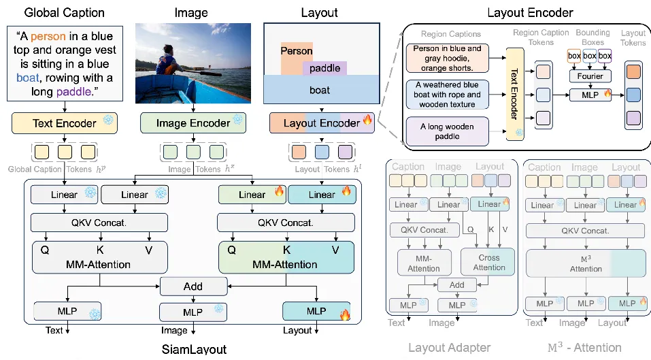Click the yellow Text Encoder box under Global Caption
63,123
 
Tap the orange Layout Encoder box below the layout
321,123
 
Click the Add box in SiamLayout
193,286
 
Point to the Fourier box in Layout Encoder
590,76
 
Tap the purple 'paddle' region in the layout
324,68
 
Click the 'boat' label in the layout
320,89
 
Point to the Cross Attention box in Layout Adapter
488,262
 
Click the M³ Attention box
586,263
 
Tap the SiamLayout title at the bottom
194,349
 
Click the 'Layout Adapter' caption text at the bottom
449,348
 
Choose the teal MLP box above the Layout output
316,311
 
